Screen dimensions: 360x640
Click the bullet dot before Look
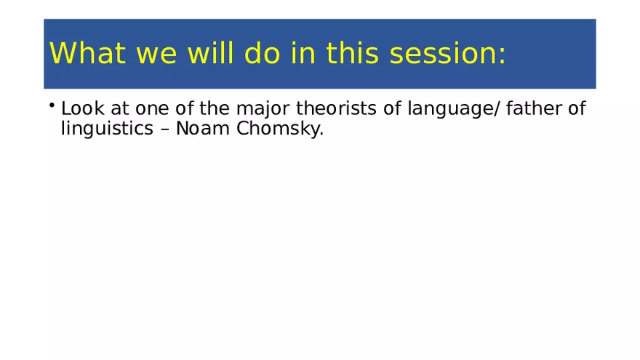click(53, 107)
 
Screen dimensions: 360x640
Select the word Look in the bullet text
click(81, 110)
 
